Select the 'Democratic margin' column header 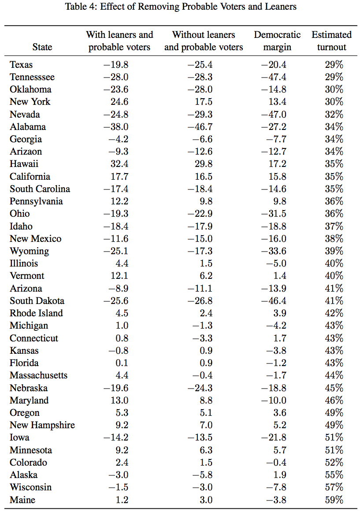tap(277, 41)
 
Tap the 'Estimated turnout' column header tap(331, 41)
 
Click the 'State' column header tap(42, 47)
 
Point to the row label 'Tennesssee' tap(32, 77)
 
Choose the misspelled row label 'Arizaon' tap(26, 152)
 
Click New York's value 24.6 tap(119, 101)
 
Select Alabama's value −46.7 tap(200, 127)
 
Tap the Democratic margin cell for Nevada tap(274, 114)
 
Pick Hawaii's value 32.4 tap(119, 163)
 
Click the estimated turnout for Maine tap(334, 500)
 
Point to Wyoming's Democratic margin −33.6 tap(274, 251)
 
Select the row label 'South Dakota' tap(37, 300)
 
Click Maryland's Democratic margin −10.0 tap(274, 400)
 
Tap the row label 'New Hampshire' tap(42, 425)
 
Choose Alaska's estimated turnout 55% tap(334, 474)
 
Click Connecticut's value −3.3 tap(202, 338)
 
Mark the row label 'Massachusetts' tap(38, 375)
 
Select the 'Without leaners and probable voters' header tap(204, 41)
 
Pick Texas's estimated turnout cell tap(334, 64)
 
